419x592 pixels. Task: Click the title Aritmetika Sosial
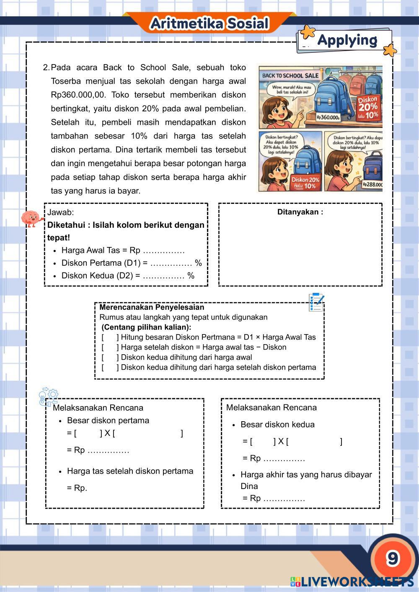209,24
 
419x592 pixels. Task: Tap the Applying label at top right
347,40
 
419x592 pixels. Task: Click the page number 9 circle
392,558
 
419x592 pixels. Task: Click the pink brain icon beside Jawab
31,218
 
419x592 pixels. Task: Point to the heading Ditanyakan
300,212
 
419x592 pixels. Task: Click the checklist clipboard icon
316,302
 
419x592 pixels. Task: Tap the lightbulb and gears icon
48,396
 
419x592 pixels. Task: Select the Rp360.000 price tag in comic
328,118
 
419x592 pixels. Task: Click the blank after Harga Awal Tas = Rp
163,251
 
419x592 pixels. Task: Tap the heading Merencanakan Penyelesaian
152,307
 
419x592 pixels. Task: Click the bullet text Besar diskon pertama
108,420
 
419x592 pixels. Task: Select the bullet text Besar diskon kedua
277,425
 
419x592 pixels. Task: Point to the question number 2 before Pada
46,67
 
